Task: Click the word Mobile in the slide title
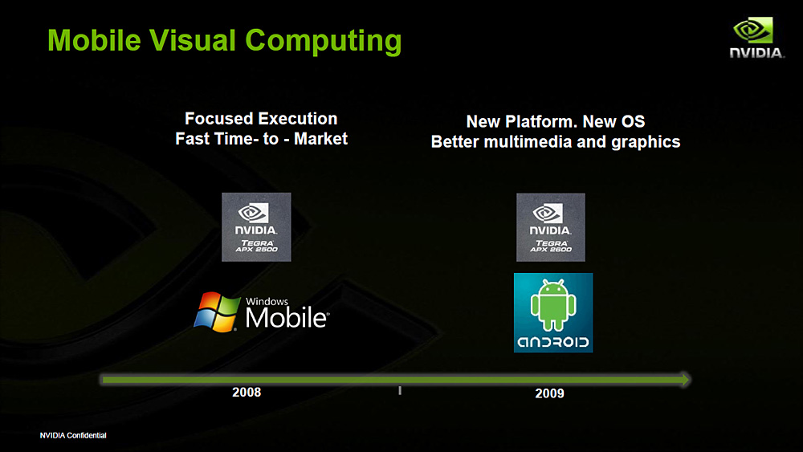coord(94,40)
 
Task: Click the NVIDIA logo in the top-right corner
coord(756,38)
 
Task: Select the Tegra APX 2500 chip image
coord(256,226)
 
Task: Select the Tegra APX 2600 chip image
coord(551,227)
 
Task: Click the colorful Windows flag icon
coord(217,312)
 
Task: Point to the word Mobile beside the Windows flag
coord(287,317)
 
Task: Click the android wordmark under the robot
coord(553,342)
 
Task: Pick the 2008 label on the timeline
coord(247,392)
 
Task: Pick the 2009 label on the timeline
coord(549,393)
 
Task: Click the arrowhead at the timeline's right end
coord(686,380)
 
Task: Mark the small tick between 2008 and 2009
coord(400,390)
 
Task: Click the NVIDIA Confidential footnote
coord(73,435)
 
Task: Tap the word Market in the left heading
coord(320,139)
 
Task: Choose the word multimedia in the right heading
coord(528,142)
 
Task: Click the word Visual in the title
coord(193,40)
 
